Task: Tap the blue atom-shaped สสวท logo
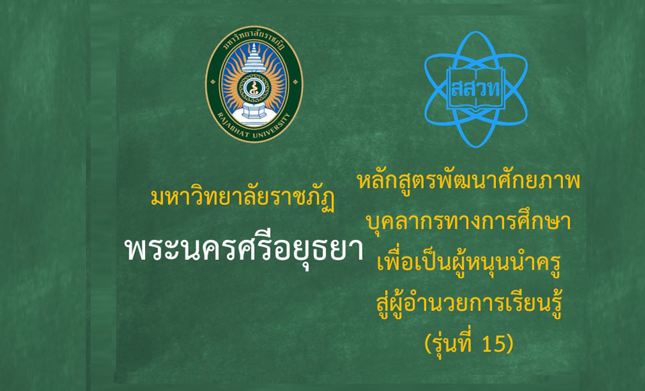click(476, 89)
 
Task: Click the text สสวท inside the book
click(476, 89)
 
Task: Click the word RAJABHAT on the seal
click(232, 123)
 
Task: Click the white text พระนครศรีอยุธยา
click(244, 249)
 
